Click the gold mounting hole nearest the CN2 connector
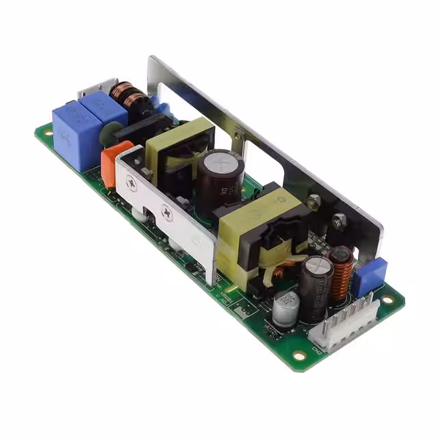(298, 355)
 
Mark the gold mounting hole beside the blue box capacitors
(46, 131)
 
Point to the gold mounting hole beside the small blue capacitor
(388, 299)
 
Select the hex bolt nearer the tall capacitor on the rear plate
(313, 201)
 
